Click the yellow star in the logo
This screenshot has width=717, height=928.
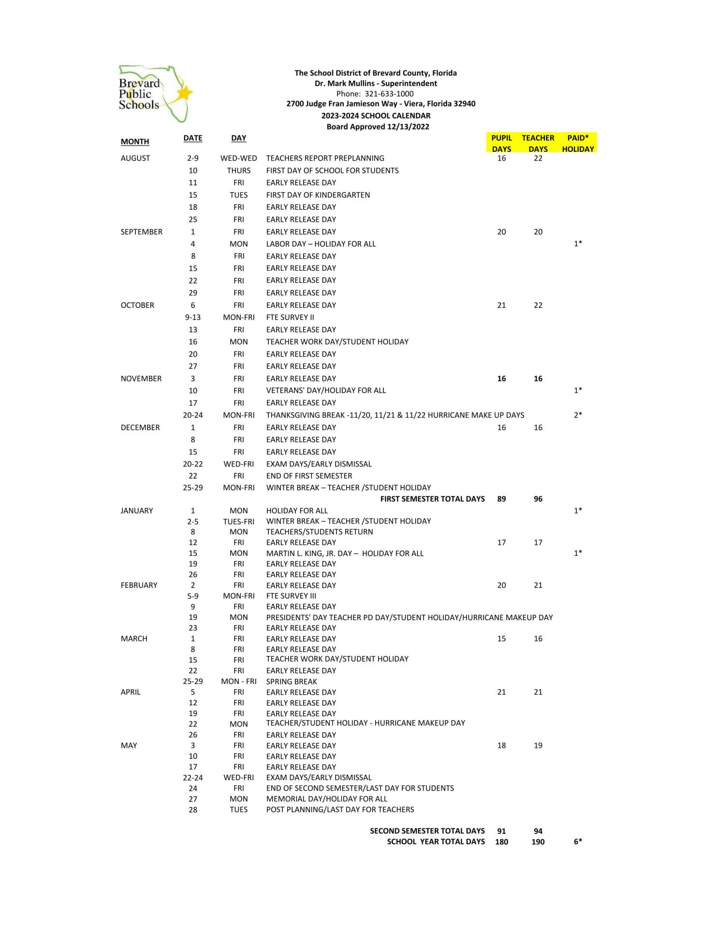coord(184,92)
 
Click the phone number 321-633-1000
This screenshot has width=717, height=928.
coord(389,94)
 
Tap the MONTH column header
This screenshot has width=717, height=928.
coord(135,142)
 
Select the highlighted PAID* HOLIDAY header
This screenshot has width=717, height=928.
coord(578,143)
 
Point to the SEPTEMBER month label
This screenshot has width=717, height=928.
coord(142,232)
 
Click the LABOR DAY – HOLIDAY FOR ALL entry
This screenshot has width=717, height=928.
coord(321,244)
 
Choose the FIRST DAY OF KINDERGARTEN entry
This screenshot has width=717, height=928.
coord(318,195)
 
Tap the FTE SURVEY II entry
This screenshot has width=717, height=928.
coord(290,317)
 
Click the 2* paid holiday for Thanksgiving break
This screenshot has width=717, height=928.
coord(578,415)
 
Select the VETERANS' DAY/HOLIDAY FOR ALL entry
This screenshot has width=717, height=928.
coord(326,390)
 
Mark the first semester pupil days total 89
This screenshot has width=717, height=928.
coord(501,499)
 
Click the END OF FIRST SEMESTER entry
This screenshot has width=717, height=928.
coord(309,476)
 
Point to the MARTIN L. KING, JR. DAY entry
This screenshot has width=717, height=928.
coord(345,553)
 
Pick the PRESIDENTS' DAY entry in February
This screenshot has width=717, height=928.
coord(409,617)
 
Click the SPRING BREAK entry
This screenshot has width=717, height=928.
coord(292,681)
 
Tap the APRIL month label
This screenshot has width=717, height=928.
coord(131,692)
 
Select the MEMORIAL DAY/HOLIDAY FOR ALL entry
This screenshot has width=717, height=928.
coord(326,799)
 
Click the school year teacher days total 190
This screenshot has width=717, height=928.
coord(538,841)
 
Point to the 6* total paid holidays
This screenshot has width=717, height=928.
coord(578,841)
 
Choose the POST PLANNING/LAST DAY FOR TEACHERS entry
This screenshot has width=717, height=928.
coord(340,810)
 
